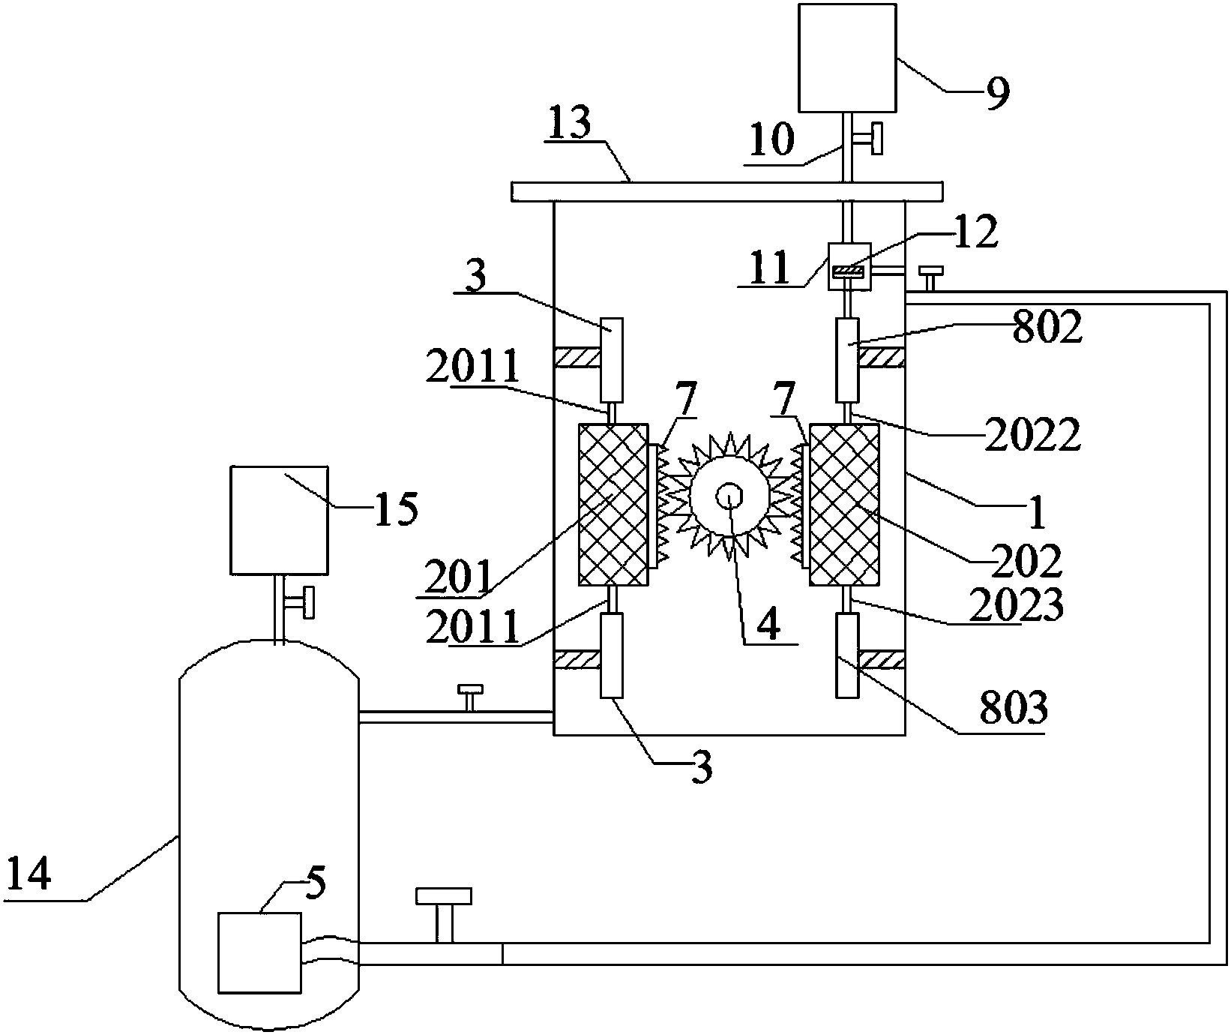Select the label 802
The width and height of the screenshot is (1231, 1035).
coord(1047,328)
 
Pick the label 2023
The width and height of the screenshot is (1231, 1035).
coord(1017,605)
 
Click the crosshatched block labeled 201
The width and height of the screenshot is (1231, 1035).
coord(613,505)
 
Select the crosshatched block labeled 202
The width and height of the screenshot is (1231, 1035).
coord(845,505)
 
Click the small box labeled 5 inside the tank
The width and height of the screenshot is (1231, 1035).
coord(259,952)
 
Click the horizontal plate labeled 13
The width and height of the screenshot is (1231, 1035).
coord(726,191)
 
